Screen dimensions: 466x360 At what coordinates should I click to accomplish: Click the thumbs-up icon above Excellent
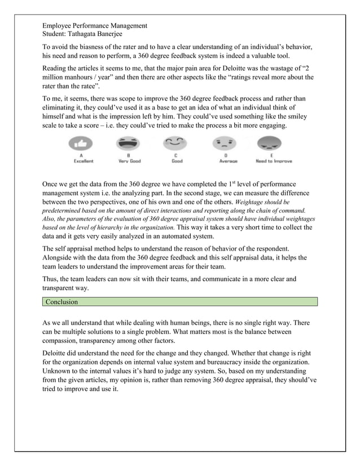(84, 143)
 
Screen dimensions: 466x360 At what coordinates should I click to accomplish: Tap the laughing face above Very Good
(129, 143)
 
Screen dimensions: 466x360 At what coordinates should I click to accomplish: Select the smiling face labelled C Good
(177, 143)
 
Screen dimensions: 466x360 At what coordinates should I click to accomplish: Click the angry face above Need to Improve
(273, 143)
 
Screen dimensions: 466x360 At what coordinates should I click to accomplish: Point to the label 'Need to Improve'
(274, 161)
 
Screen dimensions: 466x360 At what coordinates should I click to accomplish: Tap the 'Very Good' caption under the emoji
(129, 161)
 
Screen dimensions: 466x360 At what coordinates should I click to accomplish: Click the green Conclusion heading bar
(180, 302)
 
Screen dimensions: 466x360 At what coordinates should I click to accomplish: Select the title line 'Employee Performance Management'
(95, 25)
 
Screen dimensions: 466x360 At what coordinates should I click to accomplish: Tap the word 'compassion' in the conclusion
(63, 341)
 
